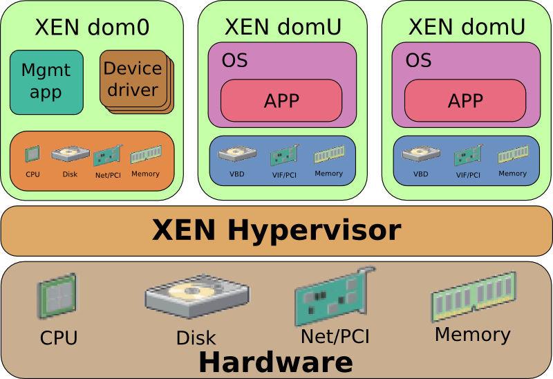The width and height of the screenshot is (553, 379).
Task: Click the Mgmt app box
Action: (x=46, y=82)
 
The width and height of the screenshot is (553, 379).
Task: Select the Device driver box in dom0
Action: (x=133, y=79)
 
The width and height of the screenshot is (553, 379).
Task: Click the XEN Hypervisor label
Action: (x=276, y=230)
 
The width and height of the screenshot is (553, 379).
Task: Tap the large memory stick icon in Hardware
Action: (x=474, y=296)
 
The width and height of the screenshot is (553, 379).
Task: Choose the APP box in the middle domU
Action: (x=281, y=100)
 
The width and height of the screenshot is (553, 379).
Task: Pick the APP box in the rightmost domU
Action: (x=465, y=100)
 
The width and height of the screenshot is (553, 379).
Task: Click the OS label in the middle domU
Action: (x=234, y=60)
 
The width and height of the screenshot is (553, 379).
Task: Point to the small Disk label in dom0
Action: (x=70, y=174)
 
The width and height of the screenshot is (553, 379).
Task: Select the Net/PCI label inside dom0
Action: (x=108, y=175)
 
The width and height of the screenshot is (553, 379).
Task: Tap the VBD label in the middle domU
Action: (x=237, y=174)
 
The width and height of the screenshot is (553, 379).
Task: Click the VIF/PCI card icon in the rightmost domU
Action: (x=468, y=154)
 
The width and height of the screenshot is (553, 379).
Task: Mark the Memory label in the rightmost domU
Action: (x=512, y=174)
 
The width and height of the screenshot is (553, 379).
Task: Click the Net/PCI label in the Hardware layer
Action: (x=335, y=337)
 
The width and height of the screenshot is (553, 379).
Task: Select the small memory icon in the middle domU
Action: (x=328, y=156)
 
